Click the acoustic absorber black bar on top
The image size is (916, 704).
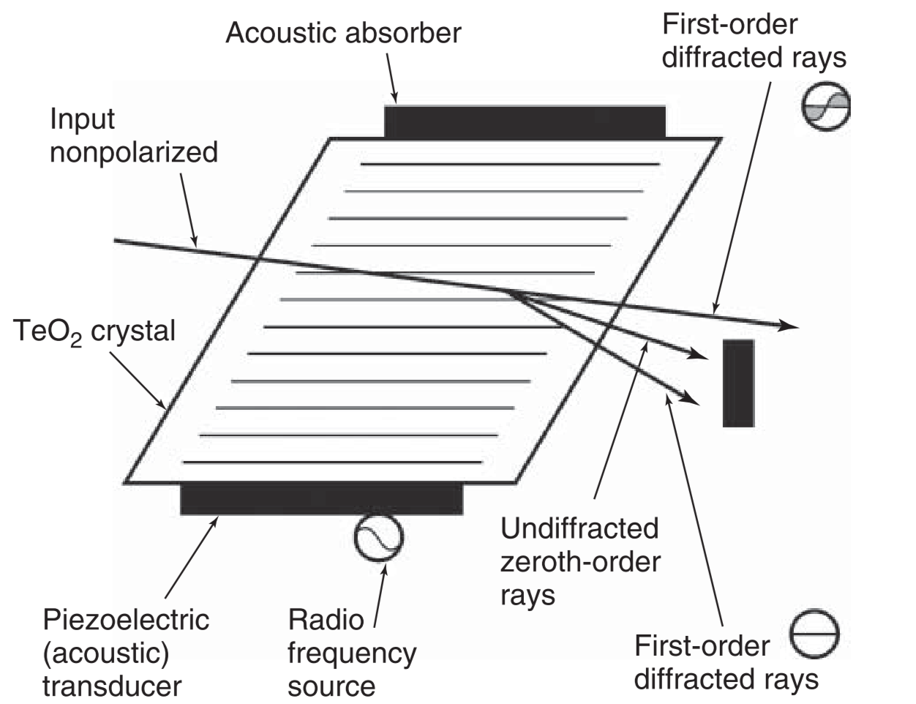tap(525, 121)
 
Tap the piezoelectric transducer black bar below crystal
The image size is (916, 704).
tap(322, 498)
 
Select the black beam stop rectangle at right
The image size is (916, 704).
tap(738, 383)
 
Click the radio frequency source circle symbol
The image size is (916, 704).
tap(378, 537)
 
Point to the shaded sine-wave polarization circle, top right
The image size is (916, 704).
tap(826, 106)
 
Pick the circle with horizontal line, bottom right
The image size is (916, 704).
tap(814, 634)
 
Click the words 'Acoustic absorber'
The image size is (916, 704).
tap(344, 33)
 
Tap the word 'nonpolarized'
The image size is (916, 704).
tap(134, 154)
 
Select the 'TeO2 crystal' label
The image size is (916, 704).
tap(94, 332)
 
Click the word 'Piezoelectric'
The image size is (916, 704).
tap(126, 620)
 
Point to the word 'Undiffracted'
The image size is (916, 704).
tap(579, 528)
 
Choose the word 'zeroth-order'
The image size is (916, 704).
tap(580, 562)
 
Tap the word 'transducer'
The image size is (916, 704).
tap(112, 686)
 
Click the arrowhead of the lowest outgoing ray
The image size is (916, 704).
tap(691, 398)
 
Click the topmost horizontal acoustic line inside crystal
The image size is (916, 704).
tap(510, 164)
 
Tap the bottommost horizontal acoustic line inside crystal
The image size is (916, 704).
tap(333, 463)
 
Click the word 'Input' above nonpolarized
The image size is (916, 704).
tap(82, 120)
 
